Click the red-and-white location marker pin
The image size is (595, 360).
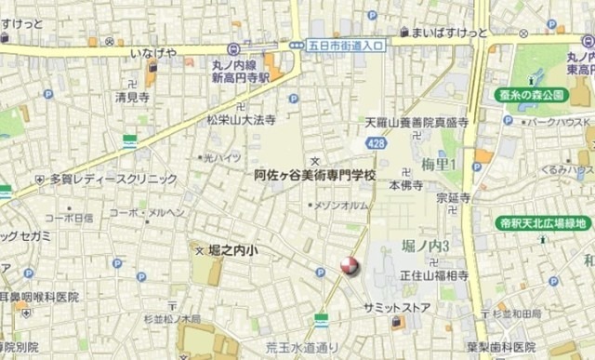tap(349, 267)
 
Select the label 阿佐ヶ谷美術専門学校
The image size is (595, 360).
tap(315, 175)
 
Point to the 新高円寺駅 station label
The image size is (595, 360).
tap(239, 78)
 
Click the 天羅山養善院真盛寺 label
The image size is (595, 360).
tap(415, 122)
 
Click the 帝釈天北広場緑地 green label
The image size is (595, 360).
tap(542, 223)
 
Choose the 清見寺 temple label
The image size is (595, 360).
tap(132, 96)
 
